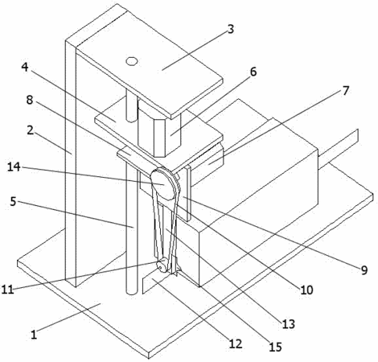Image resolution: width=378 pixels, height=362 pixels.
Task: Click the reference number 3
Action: (x=231, y=29)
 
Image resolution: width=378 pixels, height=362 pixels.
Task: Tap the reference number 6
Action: (x=253, y=72)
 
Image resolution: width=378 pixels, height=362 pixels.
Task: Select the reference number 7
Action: (x=346, y=91)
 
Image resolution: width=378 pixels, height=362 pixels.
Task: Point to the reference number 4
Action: (x=25, y=67)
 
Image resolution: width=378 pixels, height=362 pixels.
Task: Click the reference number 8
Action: (x=30, y=100)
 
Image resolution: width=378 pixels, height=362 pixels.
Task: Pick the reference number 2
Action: (x=30, y=130)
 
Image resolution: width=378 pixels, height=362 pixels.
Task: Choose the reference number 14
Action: (x=14, y=167)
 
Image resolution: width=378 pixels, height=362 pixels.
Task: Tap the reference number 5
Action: (x=14, y=202)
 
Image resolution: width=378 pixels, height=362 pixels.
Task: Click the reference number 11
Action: (x=7, y=290)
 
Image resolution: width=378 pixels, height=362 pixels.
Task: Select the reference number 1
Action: (x=34, y=335)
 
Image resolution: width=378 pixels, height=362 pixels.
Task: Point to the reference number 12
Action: (x=236, y=343)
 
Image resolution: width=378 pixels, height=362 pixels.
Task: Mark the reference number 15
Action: (x=275, y=348)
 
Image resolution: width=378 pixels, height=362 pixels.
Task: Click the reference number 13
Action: (x=288, y=324)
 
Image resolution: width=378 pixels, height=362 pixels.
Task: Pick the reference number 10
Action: (x=306, y=290)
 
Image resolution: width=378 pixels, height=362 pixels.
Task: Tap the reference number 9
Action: (x=364, y=270)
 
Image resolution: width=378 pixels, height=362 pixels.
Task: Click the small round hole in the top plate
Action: (x=132, y=61)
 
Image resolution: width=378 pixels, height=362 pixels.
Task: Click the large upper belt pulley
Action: (x=164, y=184)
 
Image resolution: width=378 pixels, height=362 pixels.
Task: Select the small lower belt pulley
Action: (x=162, y=265)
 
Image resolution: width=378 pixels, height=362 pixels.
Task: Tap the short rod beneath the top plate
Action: (x=131, y=106)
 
